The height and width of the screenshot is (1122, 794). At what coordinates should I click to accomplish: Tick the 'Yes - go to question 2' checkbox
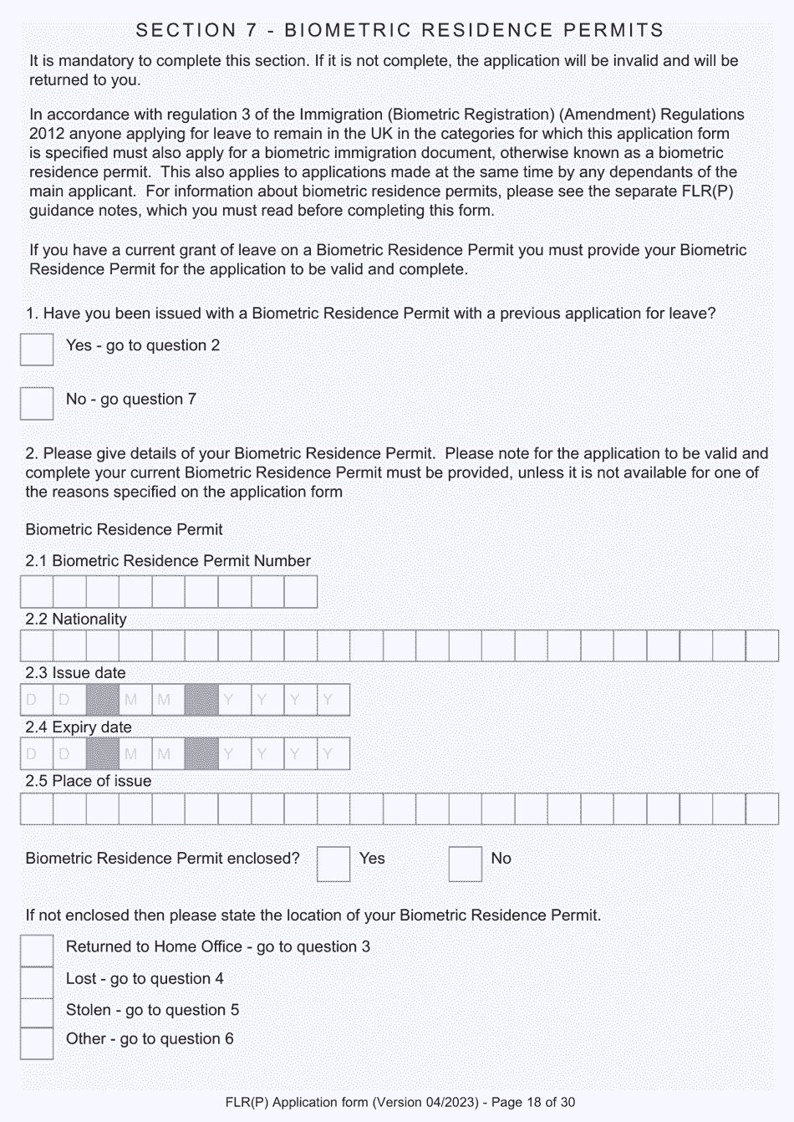point(37,349)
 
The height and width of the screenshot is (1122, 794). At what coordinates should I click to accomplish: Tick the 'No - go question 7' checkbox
point(37,403)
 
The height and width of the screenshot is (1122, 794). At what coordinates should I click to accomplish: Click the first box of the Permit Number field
point(37,592)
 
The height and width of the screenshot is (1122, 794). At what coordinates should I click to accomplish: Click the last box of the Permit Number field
point(301,592)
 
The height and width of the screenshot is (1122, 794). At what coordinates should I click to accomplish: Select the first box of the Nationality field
point(37,646)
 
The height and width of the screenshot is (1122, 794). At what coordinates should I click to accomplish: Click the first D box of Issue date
point(37,700)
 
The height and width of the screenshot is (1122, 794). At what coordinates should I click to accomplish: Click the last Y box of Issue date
point(333,700)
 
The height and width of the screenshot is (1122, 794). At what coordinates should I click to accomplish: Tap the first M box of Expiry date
point(135,754)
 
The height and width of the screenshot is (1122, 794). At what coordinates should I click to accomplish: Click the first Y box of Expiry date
point(235,754)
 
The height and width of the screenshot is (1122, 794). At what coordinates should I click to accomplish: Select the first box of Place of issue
point(37,808)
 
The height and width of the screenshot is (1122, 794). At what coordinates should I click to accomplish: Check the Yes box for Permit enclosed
point(333,864)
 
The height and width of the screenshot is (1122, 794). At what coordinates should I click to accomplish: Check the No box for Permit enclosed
point(466,864)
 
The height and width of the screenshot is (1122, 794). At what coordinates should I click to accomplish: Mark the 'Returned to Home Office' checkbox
point(37,951)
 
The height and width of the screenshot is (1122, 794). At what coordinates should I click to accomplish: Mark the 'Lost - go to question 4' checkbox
point(37,982)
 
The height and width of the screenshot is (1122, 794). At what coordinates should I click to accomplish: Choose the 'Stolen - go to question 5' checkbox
point(37,1012)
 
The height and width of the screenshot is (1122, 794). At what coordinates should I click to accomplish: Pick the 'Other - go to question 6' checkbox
point(37,1043)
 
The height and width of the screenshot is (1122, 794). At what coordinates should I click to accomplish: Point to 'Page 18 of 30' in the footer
point(533,1102)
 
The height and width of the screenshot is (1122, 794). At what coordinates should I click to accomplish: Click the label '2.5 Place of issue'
point(89,781)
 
